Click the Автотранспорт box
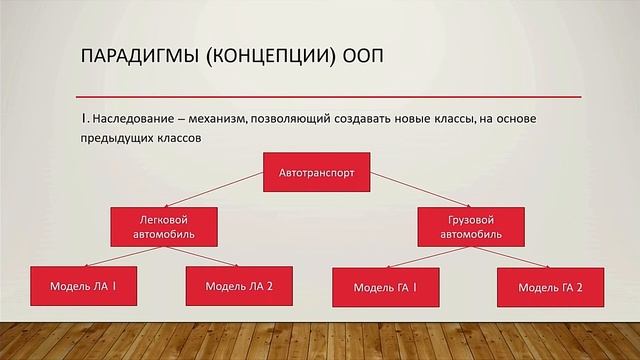(x=317, y=172)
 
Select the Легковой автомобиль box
(x=164, y=226)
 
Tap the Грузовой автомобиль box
(x=468, y=226)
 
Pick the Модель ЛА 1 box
(x=84, y=286)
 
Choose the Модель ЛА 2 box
(x=239, y=286)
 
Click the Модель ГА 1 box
(x=386, y=288)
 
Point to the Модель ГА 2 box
(x=550, y=288)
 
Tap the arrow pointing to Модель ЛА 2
(x=205, y=256)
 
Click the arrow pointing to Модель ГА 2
(x=510, y=257)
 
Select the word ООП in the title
(x=355, y=56)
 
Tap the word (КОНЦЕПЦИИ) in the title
(x=265, y=56)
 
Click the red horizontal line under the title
(x=330, y=96)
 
